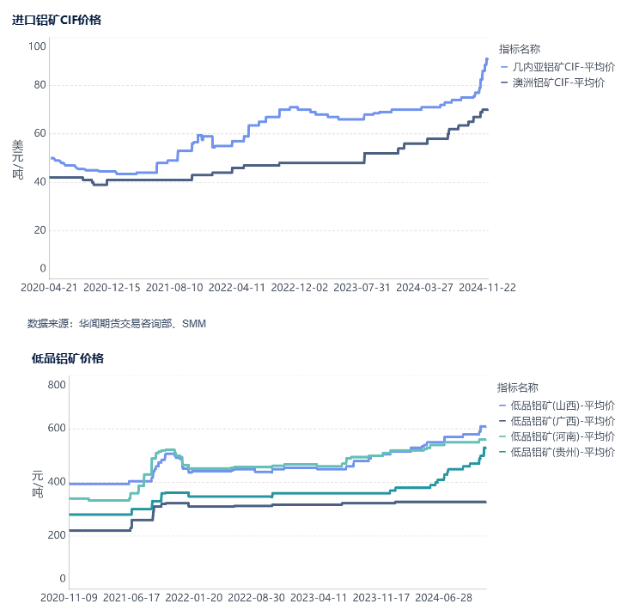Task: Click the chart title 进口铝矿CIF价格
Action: (57, 20)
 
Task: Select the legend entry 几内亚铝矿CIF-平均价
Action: (563, 66)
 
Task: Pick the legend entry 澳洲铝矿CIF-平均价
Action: (558, 82)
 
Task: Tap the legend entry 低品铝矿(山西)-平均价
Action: (562, 405)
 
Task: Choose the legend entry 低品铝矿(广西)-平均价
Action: (562, 420)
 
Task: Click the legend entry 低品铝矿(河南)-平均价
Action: (562, 436)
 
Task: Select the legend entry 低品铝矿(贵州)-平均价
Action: (562, 451)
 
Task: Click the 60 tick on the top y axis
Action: (40, 133)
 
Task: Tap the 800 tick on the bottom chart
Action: (56, 384)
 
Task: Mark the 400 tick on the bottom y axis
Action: (56, 482)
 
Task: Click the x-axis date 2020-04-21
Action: (49, 288)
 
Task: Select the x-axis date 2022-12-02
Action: (299, 288)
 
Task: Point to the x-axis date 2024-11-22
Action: (487, 288)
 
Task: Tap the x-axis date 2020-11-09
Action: (69, 597)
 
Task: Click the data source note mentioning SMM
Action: (117, 324)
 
